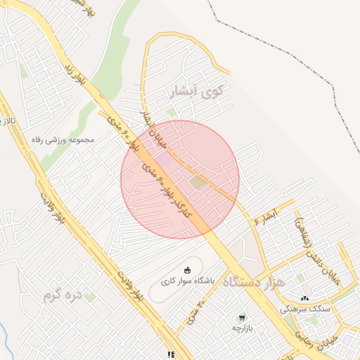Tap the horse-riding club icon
(x=187, y=270)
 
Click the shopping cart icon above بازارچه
(x=243, y=318)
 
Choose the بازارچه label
(x=243, y=328)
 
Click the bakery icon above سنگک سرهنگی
(x=304, y=298)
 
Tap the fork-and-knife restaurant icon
(x=170, y=355)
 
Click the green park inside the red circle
(x=198, y=183)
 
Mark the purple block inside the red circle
(x=164, y=161)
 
